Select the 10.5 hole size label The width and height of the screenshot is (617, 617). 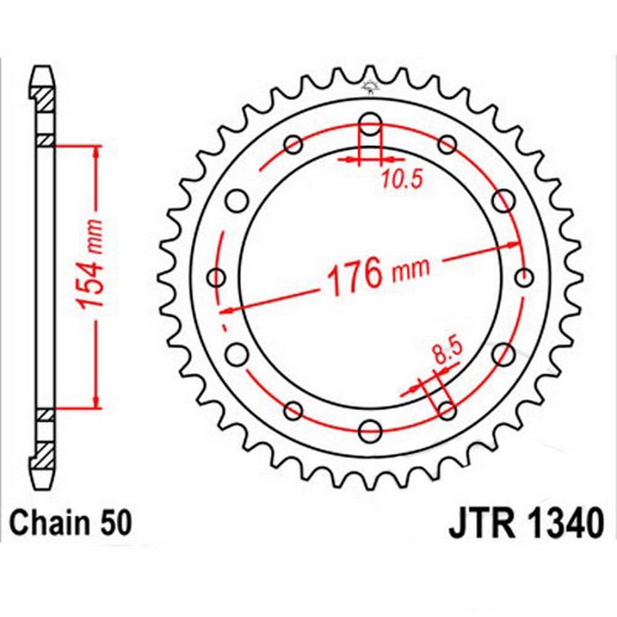click(x=402, y=179)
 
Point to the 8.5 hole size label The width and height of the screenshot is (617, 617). click(x=447, y=352)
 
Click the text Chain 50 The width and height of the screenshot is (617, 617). click(x=70, y=523)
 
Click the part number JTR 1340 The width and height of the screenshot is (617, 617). click(x=526, y=523)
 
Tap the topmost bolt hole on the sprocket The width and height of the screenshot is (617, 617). click(x=370, y=123)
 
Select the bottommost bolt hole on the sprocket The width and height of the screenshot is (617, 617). click(x=370, y=430)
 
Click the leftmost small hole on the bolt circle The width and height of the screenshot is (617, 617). click(x=216, y=278)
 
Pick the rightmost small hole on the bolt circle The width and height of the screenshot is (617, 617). click(x=524, y=278)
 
